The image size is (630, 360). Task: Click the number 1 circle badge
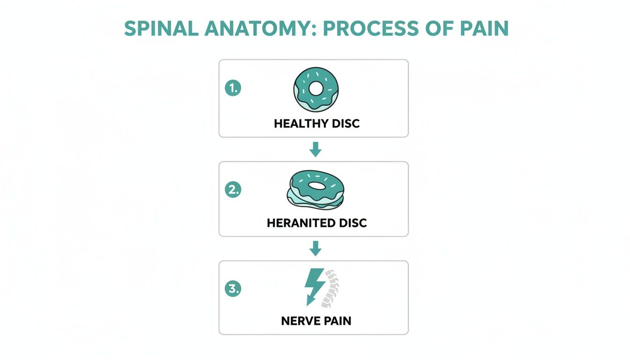232,88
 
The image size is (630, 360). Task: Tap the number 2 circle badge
232,190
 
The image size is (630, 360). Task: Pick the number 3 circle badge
232,289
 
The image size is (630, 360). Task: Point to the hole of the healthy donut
316,87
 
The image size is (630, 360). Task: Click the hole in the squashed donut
318,186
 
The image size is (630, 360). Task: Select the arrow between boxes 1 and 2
316,150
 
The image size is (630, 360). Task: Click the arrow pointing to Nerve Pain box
316,248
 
